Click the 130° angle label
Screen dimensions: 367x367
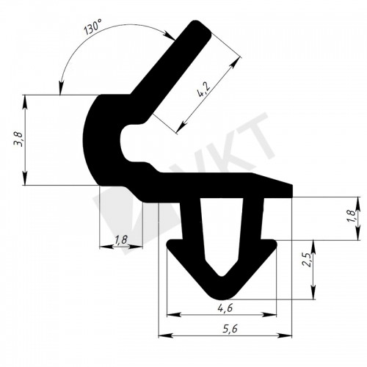[92, 27]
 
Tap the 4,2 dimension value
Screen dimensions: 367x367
[203, 90]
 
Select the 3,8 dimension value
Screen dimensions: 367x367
[19, 139]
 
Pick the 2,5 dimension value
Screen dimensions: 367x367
[308, 261]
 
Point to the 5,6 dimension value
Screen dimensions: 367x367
[230, 329]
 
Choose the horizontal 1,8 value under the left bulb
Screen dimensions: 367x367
[121, 240]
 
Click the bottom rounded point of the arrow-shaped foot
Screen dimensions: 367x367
[222, 297]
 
